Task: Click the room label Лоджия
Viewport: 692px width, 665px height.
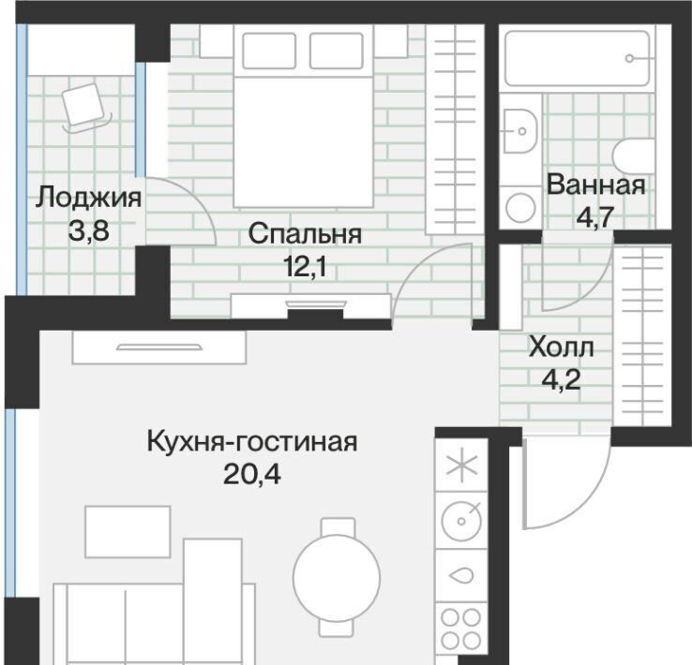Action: coord(88,198)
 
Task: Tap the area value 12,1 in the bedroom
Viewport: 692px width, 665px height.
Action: coord(305,266)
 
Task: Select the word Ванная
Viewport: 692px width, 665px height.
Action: coord(595,185)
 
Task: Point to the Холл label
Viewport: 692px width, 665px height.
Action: coord(561,347)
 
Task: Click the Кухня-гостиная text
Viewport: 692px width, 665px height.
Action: coord(252,441)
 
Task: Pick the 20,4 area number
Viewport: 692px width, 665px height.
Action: coord(252,475)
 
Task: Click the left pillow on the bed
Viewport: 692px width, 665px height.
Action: coord(269,51)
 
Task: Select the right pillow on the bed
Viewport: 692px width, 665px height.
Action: coord(337,51)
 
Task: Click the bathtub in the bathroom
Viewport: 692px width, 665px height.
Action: coord(577,58)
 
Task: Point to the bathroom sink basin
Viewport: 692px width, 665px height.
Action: coord(519,131)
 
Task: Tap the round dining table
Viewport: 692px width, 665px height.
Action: coord(337,577)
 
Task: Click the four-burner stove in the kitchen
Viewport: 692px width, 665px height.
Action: coord(461,628)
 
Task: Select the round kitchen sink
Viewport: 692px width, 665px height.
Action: coord(461,521)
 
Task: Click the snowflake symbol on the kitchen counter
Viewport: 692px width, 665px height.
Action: coord(461,465)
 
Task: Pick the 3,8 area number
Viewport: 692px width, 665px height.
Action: coord(88,230)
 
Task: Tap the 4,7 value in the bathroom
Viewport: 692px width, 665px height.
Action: coord(595,216)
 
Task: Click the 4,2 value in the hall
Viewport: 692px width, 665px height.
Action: coord(561,379)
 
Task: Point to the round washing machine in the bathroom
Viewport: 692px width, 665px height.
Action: coord(520,208)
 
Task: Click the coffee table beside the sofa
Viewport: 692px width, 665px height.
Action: coord(128,532)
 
